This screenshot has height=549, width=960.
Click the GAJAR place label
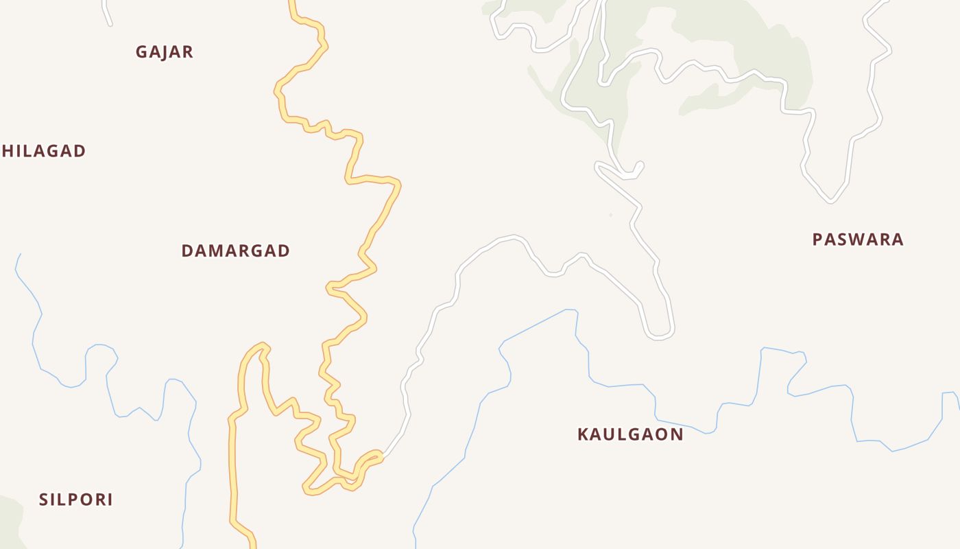pyautogui.click(x=165, y=52)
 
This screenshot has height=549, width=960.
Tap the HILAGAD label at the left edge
pyautogui.click(x=44, y=151)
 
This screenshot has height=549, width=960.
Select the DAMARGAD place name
pyautogui.click(x=235, y=251)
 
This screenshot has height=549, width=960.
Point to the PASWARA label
pyautogui.click(x=858, y=240)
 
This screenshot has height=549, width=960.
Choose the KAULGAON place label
pyautogui.click(x=630, y=434)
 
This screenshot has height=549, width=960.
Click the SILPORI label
pyautogui.click(x=75, y=500)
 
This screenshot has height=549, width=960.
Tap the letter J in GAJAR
pyautogui.click(x=166, y=52)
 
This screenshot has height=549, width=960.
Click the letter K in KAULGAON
pyautogui.click(x=584, y=434)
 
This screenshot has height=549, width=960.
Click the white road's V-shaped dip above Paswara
pyautogui.click(x=830, y=201)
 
